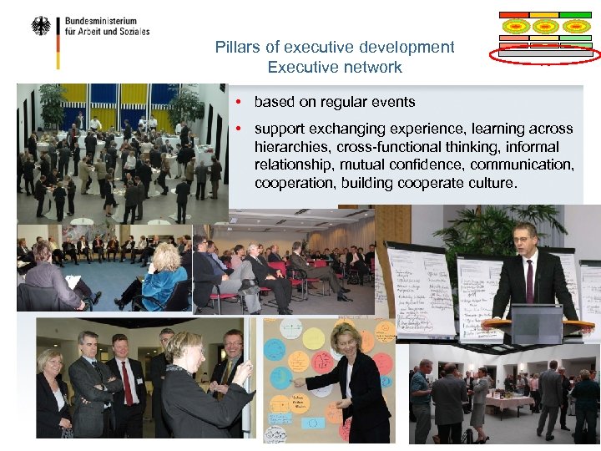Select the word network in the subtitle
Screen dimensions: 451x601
coord(370,68)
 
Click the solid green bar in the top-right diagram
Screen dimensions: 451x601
coord(575,15)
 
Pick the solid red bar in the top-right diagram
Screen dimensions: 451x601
coord(514,15)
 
